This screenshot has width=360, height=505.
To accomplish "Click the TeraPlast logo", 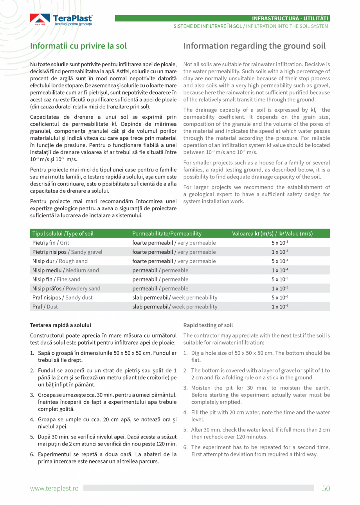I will pos(61,20).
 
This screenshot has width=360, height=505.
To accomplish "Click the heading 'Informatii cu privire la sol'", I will pos(79,46).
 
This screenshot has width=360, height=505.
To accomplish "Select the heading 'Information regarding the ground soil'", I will pos(254,46).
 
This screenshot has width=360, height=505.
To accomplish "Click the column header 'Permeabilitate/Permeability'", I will pos(167,234).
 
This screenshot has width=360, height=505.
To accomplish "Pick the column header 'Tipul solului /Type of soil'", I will pos(63,234).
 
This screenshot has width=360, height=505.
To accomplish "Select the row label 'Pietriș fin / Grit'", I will pos(50,243).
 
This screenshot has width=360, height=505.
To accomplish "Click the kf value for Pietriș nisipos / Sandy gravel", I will pos(280,252).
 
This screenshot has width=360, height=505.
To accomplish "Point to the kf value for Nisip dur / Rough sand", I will pos(280,261).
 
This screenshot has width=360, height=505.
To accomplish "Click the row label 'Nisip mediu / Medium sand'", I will pos(65,270).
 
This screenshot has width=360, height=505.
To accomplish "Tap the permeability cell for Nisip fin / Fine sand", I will pos(160,279).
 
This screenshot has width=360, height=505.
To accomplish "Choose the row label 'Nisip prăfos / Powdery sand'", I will pos(66,289).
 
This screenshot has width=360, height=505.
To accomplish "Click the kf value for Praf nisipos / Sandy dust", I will pos(280,298).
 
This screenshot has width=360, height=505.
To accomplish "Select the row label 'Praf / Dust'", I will pos(45,307).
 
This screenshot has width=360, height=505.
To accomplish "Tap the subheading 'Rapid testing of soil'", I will pos(208,325).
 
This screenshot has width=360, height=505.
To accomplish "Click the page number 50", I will pos(326,488).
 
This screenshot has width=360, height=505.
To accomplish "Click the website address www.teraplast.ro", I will pos(54,489).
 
